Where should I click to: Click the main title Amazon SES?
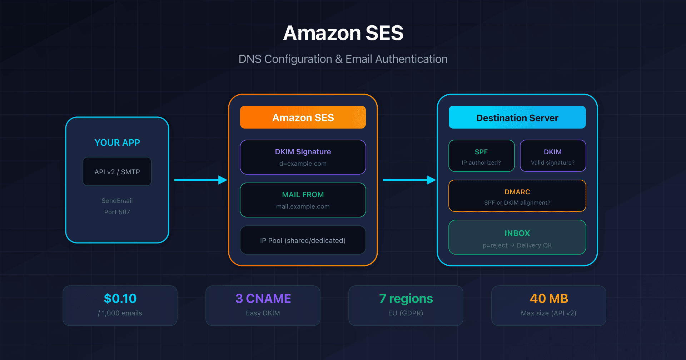click(343, 33)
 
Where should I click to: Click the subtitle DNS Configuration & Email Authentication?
click(343, 59)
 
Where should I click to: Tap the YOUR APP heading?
click(117, 142)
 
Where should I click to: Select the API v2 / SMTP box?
click(117, 172)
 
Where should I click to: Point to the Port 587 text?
click(117, 212)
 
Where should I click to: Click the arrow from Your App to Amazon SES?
click(200, 180)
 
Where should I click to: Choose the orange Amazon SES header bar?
click(303, 117)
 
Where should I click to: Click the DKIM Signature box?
click(303, 157)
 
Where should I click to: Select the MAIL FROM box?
click(303, 200)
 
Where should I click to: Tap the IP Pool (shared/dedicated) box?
click(303, 240)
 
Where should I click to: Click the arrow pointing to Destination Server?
click(409, 180)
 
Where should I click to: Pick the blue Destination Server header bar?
click(517, 117)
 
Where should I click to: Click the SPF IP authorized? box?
click(481, 156)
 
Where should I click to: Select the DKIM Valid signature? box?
click(553, 156)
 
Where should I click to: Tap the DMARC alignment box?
click(517, 196)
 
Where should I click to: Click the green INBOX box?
click(517, 237)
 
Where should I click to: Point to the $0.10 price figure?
click(120, 299)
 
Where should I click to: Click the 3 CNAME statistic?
click(263, 299)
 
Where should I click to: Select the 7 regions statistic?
click(406, 299)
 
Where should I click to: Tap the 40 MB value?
click(549, 299)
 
